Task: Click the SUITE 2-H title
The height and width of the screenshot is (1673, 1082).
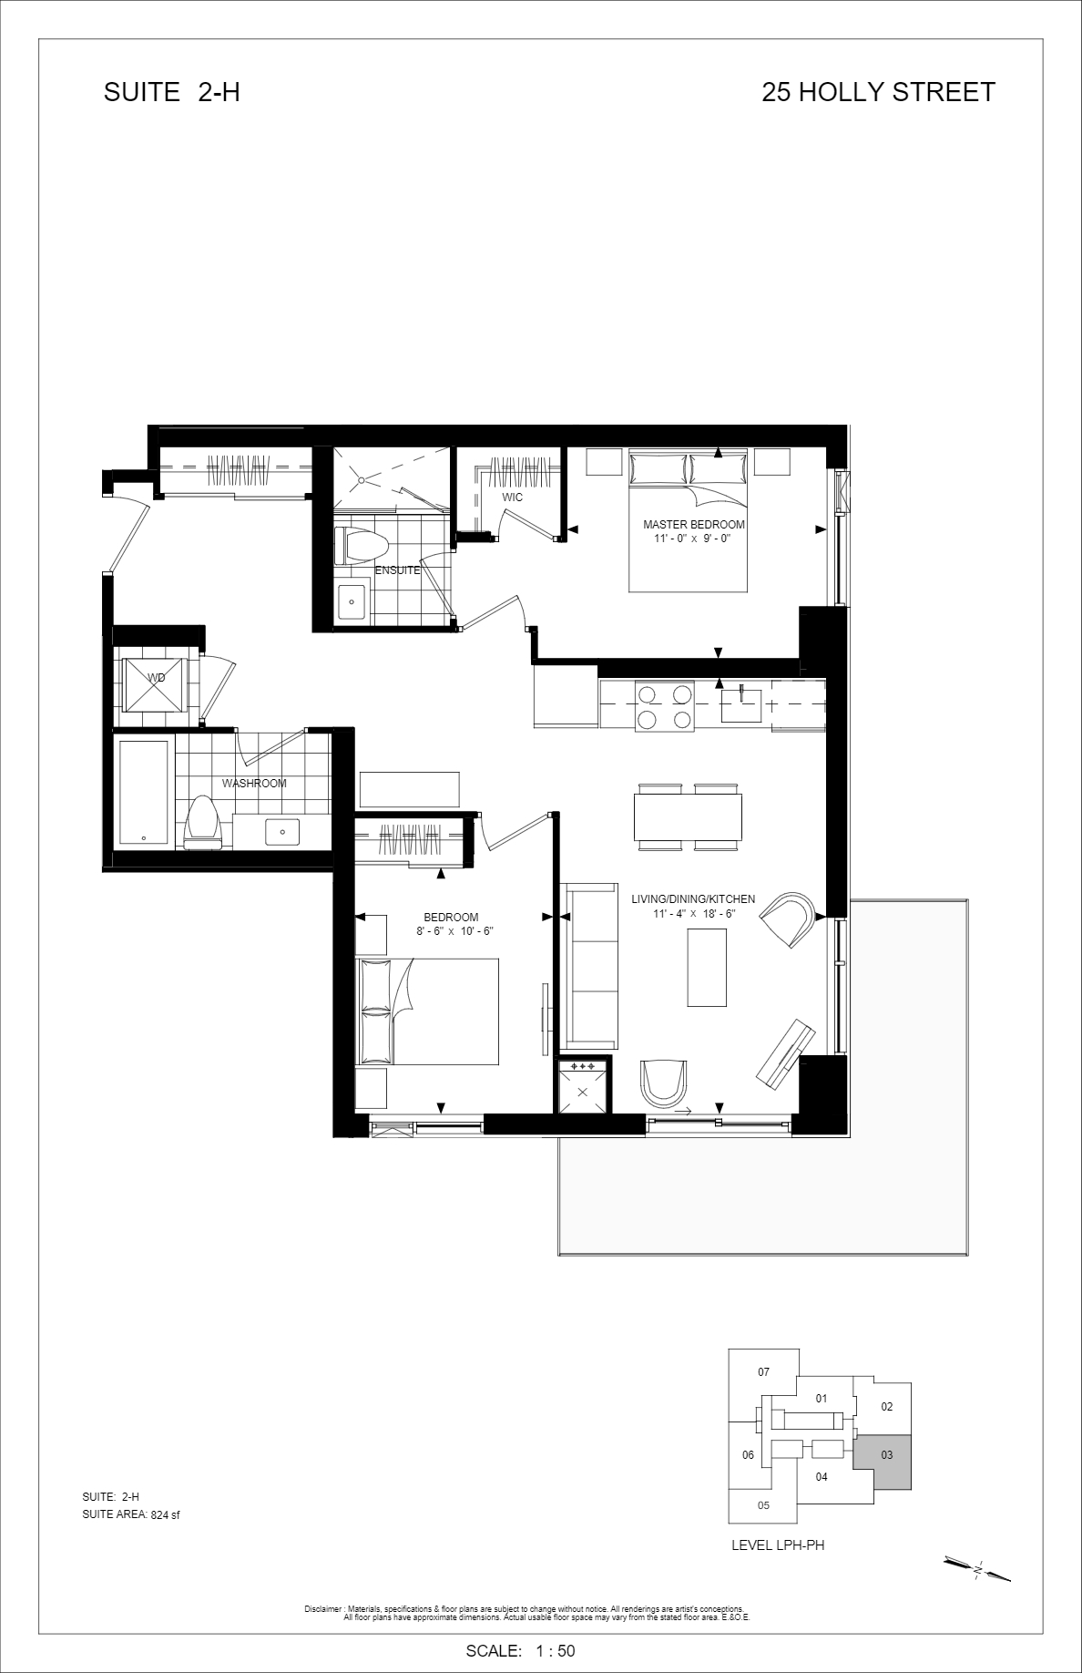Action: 172,92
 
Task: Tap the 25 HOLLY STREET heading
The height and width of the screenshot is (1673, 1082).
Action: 879,92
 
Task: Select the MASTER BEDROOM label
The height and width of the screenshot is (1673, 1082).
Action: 694,525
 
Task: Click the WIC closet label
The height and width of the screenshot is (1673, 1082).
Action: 512,498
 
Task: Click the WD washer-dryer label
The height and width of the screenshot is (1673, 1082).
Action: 156,678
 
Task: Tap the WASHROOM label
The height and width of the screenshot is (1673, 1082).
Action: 254,784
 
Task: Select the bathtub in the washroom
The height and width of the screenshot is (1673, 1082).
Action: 143,793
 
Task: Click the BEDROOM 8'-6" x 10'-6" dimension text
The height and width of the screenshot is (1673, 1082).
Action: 450,931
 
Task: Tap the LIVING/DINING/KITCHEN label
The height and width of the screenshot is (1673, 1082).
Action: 693,899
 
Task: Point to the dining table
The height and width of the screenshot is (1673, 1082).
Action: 688,817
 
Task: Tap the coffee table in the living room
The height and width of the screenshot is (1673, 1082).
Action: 707,967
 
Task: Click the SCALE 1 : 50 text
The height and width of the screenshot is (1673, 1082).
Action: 520,1651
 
